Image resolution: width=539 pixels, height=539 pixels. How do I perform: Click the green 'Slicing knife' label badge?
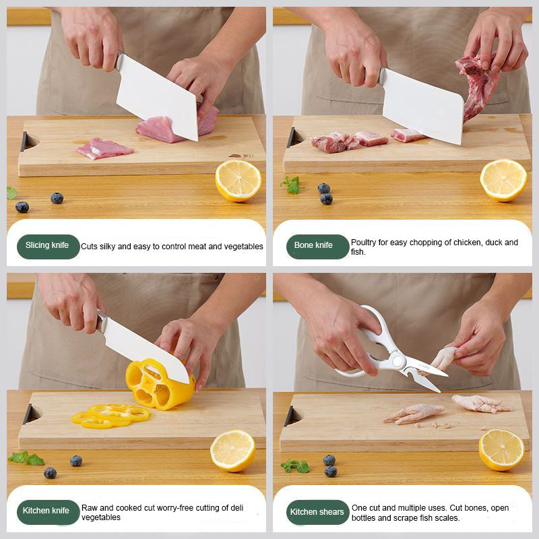click(x=48, y=246)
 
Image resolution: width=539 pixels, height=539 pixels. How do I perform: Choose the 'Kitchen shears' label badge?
click(x=317, y=512)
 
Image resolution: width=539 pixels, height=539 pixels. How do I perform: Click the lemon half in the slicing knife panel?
click(x=238, y=181)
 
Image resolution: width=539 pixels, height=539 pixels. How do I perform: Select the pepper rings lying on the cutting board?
click(x=110, y=416)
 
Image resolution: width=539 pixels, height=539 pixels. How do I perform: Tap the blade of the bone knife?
click(x=423, y=104)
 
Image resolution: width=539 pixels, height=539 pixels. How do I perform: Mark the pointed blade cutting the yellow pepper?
click(x=145, y=348)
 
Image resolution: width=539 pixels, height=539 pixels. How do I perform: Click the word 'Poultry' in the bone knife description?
click(x=364, y=243)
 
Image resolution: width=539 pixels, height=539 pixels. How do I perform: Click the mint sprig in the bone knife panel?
click(x=291, y=185)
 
